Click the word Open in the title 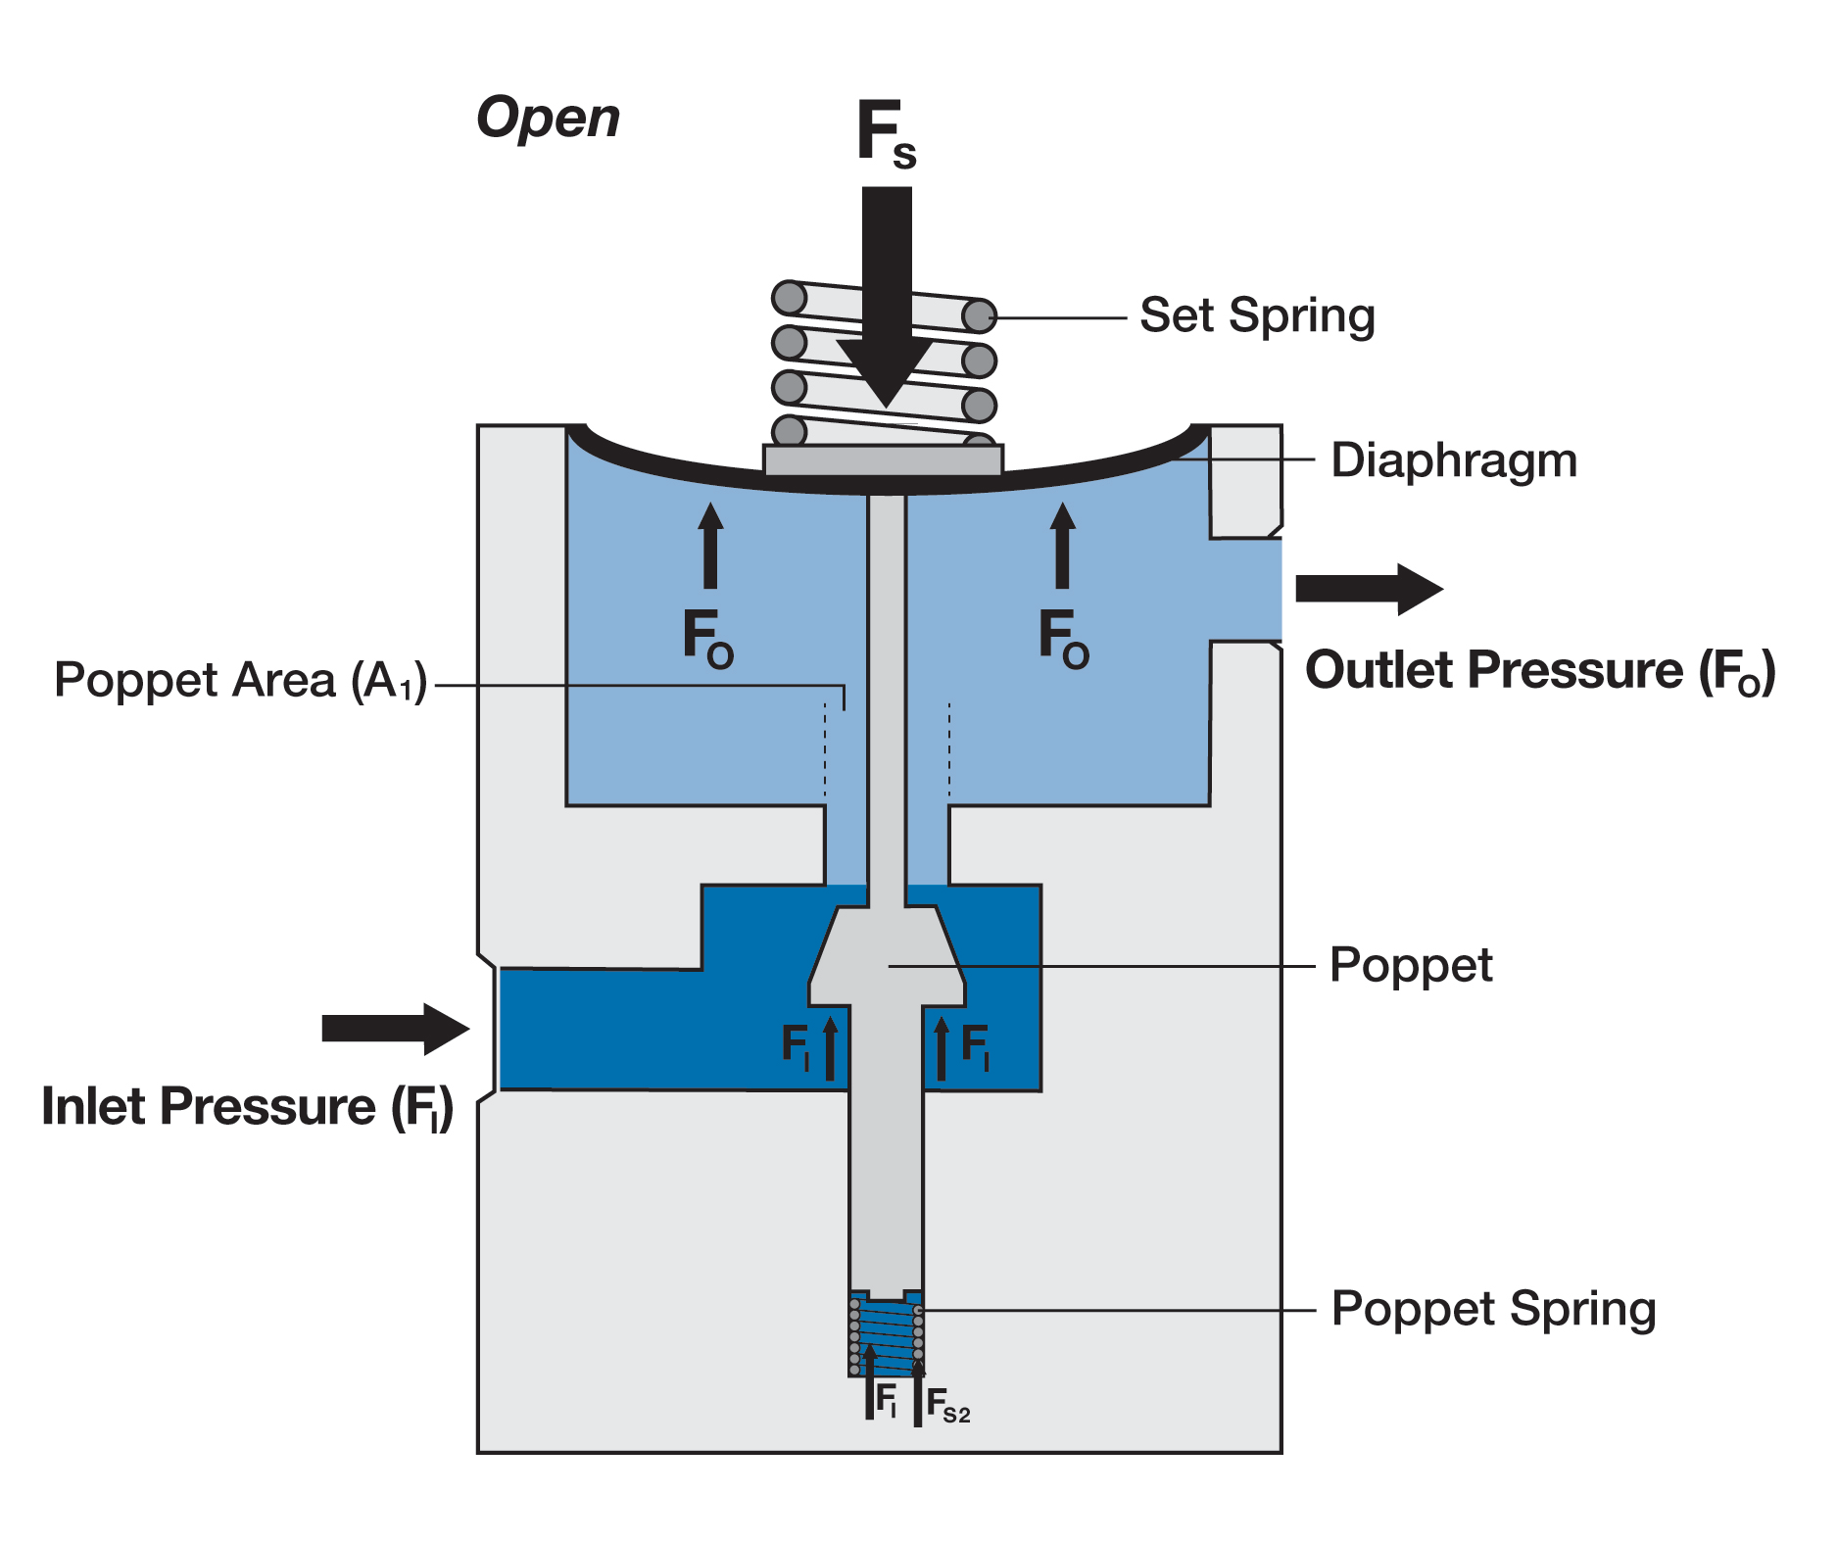[x=548, y=120]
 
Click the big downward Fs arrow [x=886, y=294]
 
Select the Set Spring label [x=1257, y=316]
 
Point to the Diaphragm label [x=1453, y=460]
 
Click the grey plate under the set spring [x=883, y=460]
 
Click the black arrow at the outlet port [x=1368, y=589]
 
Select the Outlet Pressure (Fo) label [x=1539, y=672]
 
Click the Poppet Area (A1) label [x=241, y=681]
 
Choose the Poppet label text [x=1410, y=966]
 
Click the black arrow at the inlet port [x=395, y=1029]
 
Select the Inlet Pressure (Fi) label [x=247, y=1108]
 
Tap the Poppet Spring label [x=1493, y=1310]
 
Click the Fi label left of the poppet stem [x=795, y=1045]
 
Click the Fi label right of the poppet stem [x=975, y=1045]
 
